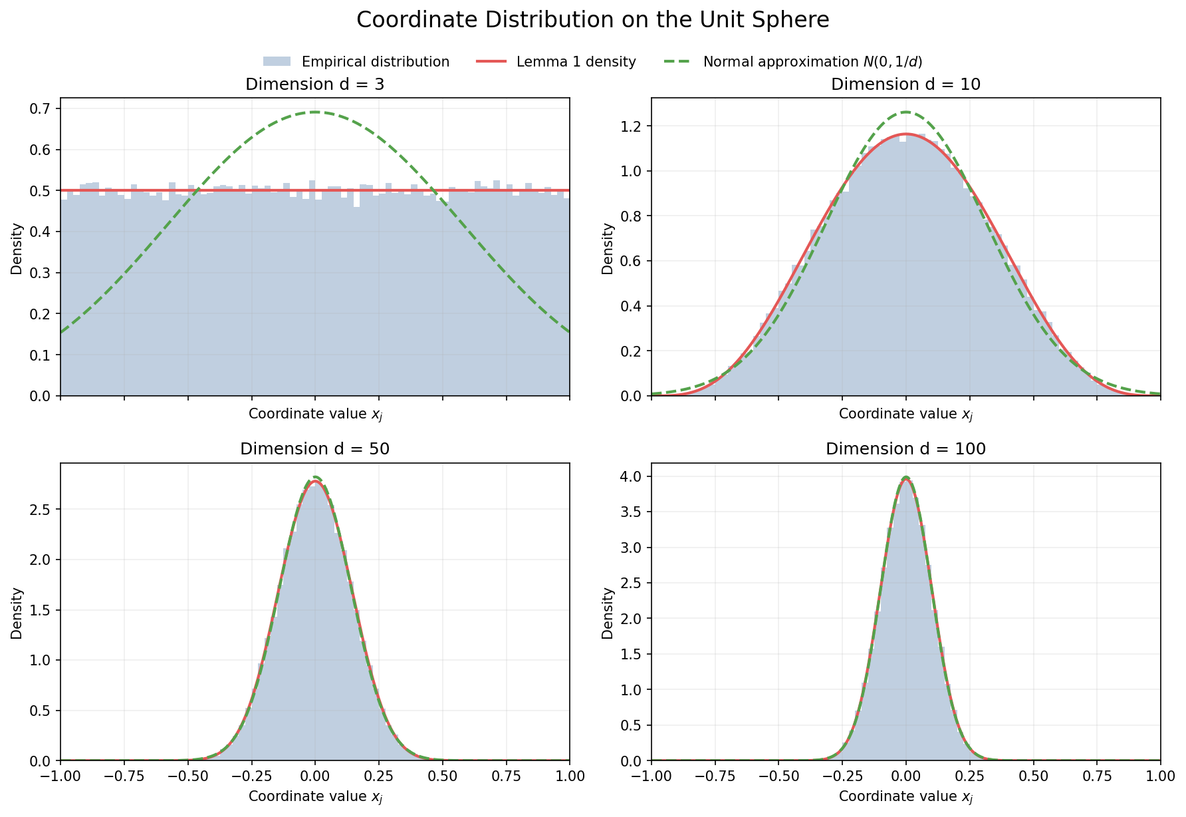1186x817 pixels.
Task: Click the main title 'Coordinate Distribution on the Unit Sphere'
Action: pos(592,20)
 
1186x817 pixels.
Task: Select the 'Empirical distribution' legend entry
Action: pos(375,62)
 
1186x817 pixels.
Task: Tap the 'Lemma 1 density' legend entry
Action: pos(576,62)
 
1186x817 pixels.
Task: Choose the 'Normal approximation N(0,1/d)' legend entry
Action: pos(812,62)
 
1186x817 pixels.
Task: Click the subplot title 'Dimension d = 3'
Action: pos(314,84)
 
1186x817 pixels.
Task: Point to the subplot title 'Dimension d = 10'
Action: pos(905,84)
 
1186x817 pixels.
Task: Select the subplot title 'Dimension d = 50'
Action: pos(314,449)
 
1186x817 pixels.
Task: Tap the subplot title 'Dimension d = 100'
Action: pos(905,449)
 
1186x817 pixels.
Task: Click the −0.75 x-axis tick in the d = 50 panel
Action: pos(124,776)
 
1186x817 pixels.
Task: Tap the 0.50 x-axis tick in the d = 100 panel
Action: pos(1033,776)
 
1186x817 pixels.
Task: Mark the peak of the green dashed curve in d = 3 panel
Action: pos(314,112)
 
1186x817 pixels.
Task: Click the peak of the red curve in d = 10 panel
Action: pos(905,134)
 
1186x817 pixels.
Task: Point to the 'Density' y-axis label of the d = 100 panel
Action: pos(608,612)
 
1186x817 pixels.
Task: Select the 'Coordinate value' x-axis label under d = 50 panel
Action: pos(314,796)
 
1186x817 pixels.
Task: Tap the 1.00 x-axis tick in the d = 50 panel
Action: pos(569,776)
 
